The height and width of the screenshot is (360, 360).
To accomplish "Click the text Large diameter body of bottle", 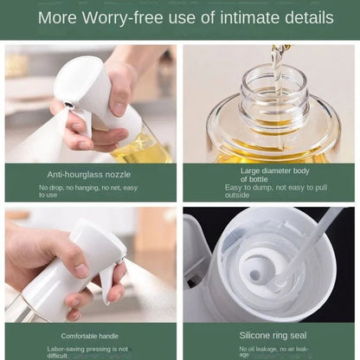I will pyautogui.click(x=269, y=174).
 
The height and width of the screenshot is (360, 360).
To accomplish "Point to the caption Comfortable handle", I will pyautogui.click(x=91, y=335).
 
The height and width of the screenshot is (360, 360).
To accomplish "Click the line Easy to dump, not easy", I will pyautogui.click(x=269, y=187).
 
